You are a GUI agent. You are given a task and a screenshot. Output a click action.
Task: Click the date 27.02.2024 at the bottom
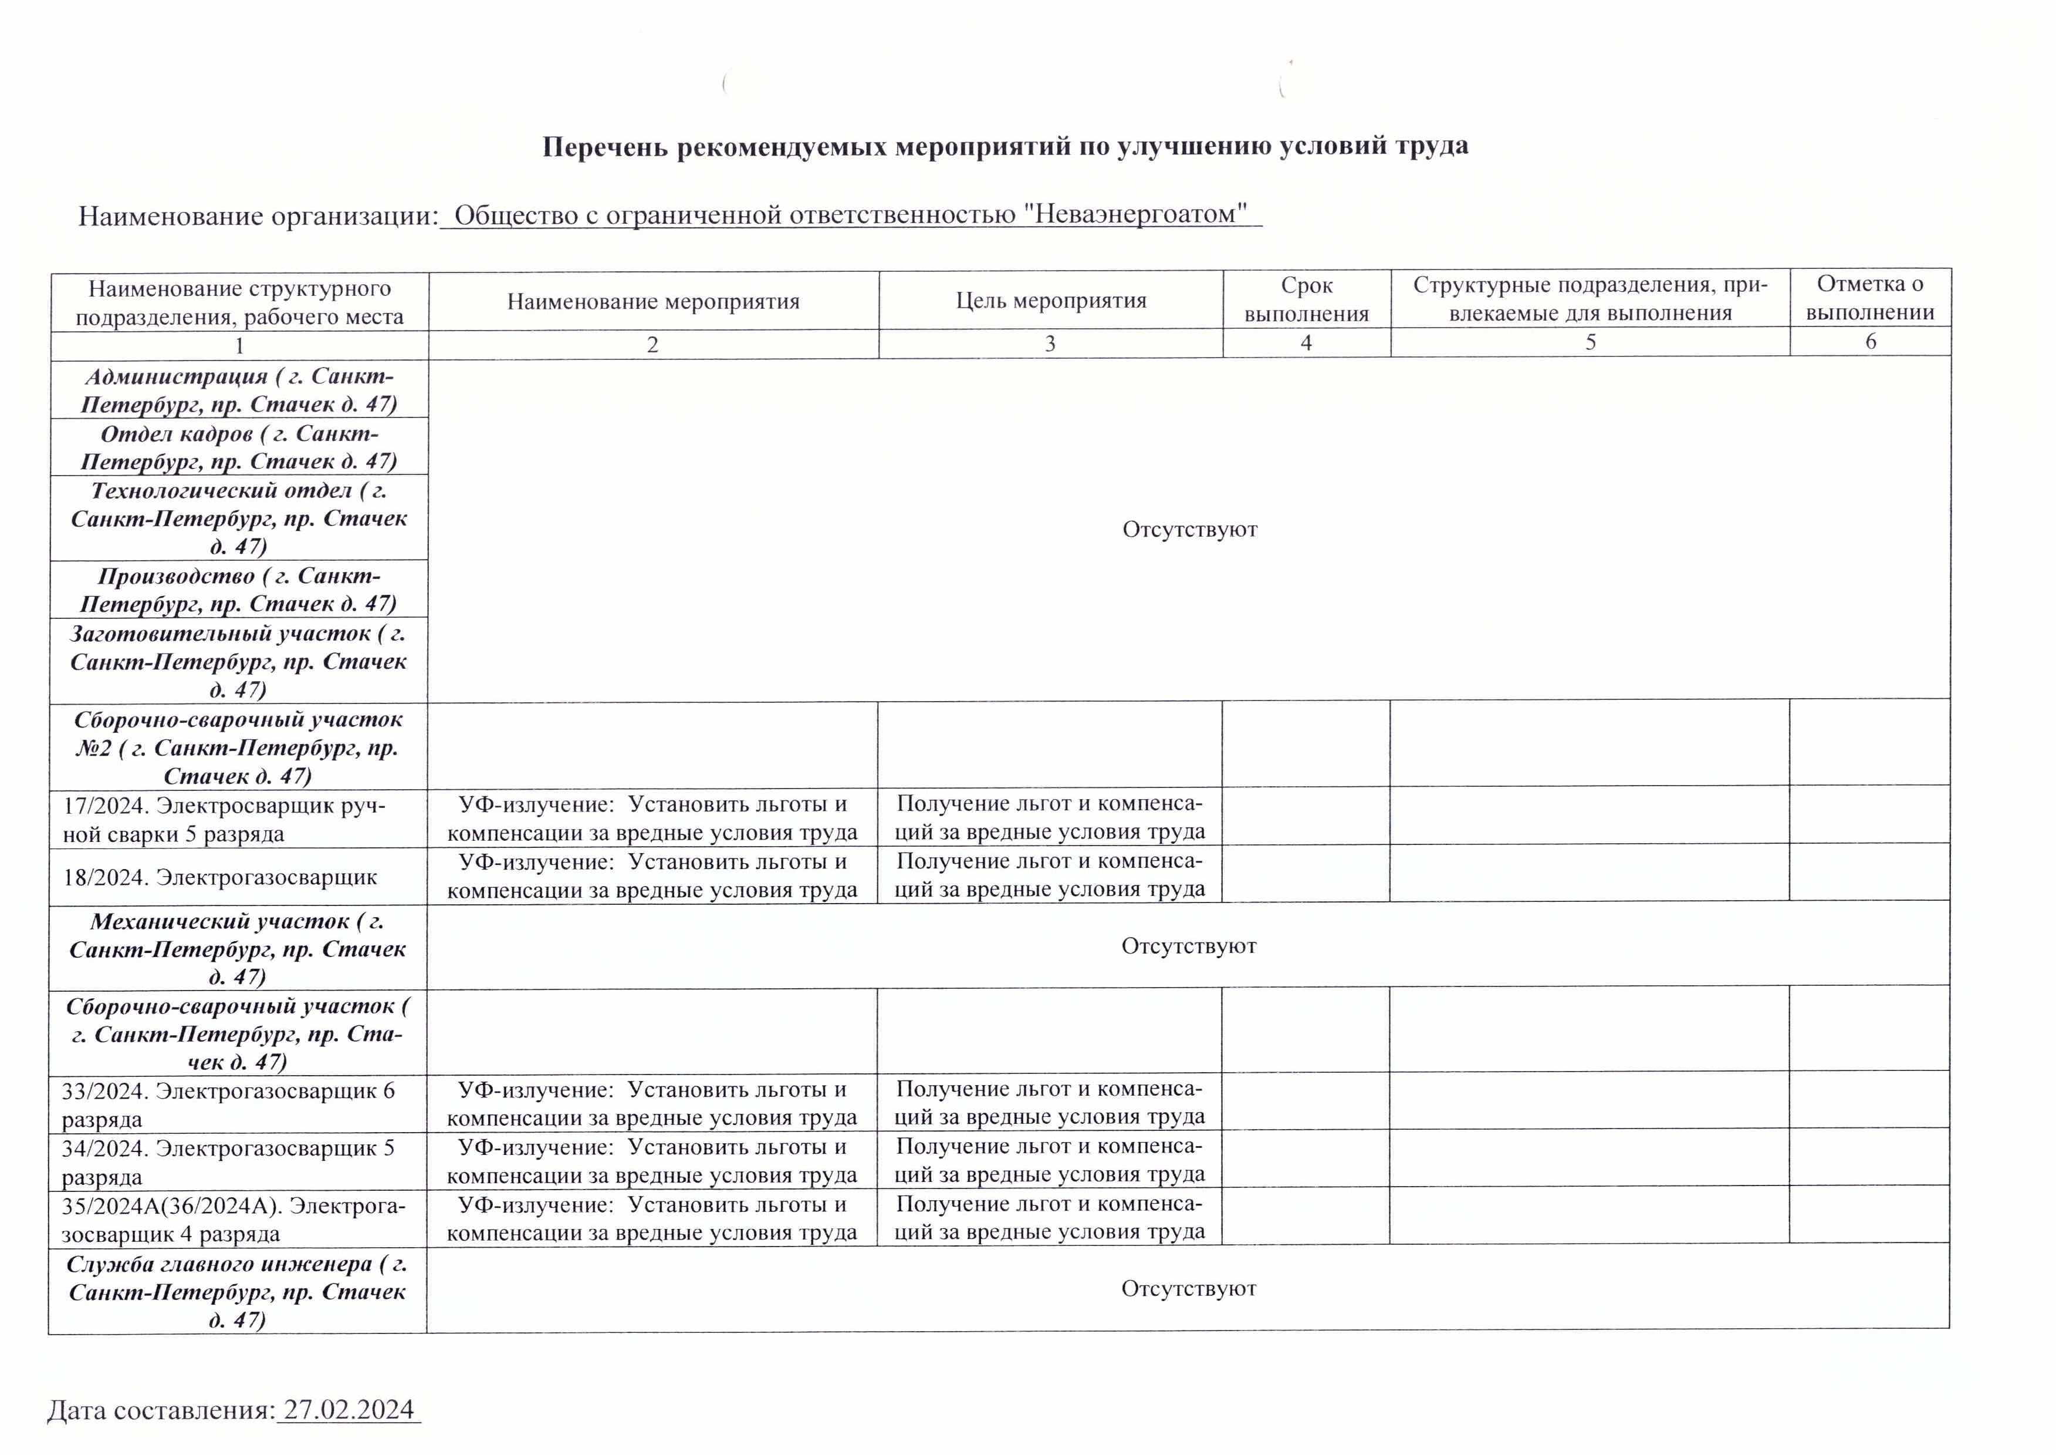349,1410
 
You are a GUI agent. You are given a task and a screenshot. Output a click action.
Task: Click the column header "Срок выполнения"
1307,299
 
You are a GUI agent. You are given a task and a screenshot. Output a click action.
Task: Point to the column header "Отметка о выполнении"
1870,298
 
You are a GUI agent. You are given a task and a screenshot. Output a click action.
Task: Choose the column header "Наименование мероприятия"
653,301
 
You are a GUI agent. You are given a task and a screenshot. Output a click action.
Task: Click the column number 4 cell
1307,342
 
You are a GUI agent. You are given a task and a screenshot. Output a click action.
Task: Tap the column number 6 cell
1870,341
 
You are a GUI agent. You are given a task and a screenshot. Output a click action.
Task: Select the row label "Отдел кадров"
239,447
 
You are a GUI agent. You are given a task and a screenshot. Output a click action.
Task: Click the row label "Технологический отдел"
239,518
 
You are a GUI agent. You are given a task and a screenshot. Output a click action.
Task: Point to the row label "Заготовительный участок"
238,661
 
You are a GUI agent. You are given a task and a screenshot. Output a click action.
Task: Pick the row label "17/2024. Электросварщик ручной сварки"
224,819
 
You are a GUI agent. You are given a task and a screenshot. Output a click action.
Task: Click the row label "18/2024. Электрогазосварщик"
220,876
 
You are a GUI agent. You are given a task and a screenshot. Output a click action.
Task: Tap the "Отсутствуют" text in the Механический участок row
1188,946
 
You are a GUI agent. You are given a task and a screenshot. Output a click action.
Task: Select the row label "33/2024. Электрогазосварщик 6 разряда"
228,1104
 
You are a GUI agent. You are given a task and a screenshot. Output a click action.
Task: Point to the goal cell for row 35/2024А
1050,1218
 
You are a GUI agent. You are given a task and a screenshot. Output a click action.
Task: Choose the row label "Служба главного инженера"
237,1291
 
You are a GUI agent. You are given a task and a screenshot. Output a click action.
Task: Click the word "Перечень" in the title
606,146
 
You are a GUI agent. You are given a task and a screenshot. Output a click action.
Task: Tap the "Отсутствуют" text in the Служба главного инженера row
1188,1288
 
